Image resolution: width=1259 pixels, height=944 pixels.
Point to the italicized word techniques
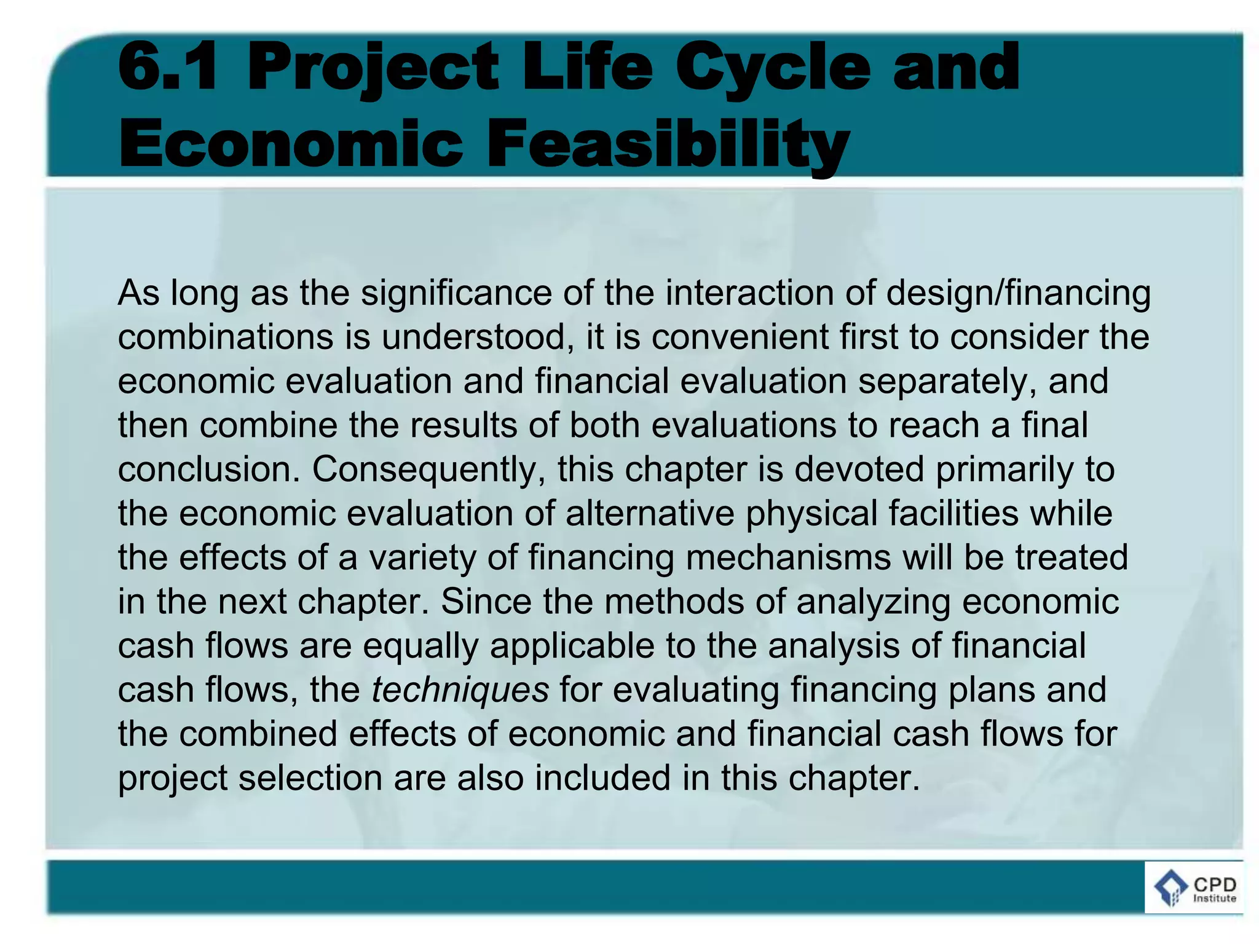[x=460, y=690]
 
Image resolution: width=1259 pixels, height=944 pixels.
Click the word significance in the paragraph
[x=456, y=293]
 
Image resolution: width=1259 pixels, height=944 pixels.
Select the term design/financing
[x=1018, y=293]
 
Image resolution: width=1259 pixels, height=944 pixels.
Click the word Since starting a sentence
[x=486, y=602]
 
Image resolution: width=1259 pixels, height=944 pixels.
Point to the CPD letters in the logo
[x=1214, y=884]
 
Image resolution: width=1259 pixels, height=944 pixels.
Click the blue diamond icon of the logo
[x=1170, y=889]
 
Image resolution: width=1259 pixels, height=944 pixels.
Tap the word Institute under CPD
[x=1214, y=898]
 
